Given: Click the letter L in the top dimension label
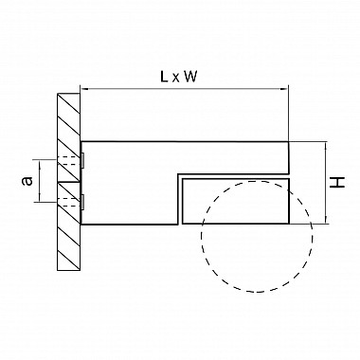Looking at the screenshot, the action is pyautogui.click(x=164, y=77).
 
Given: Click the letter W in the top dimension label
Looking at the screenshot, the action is pyautogui.click(x=190, y=77).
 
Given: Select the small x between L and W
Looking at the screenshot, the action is pyautogui.click(x=175, y=79).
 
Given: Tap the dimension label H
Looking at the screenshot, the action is pyautogui.click(x=337, y=183).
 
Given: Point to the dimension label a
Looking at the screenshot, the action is pyautogui.click(x=27, y=181).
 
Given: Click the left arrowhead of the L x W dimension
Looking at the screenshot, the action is pyautogui.click(x=84, y=89).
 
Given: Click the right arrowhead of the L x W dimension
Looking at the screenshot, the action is pyautogui.click(x=285, y=89).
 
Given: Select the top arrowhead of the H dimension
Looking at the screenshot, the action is pyautogui.click(x=326, y=145).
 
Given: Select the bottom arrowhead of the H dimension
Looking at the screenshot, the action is pyautogui.click(x=326, y=220).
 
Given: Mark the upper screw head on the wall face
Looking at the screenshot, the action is pyautogui.click(x=82, y=160).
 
